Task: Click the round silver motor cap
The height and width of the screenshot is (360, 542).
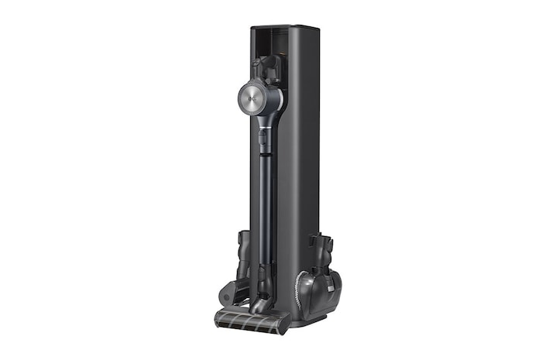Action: pos(254,98)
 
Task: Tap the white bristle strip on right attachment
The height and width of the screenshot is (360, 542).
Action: pos(300,290)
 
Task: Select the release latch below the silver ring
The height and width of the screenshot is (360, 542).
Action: pos(262,140)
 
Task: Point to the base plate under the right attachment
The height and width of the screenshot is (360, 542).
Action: pos(321,311)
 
